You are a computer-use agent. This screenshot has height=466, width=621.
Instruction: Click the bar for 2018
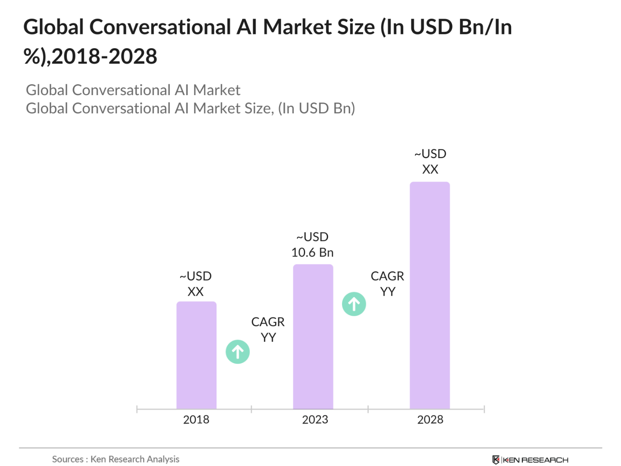point(196,355)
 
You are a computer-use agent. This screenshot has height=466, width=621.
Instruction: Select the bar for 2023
point(313,336)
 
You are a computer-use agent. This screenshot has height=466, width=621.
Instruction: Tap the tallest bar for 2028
point(430,295)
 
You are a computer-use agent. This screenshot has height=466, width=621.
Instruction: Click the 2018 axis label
point(196,420)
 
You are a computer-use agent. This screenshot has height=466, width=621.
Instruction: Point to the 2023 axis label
point(315,420)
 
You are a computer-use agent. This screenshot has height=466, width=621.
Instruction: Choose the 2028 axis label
point(430,420)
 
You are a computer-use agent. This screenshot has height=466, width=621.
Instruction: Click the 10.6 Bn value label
point(312,252)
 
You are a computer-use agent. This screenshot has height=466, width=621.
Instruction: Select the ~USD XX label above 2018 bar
point(196,284)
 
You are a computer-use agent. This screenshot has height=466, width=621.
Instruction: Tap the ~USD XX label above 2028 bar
point(430,162)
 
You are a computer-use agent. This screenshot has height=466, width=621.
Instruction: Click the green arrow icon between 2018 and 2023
point(238,352)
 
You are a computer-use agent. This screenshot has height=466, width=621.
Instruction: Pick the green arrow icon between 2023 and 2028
point(354,304)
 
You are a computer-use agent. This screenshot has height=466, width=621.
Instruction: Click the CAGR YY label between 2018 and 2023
point(268,329)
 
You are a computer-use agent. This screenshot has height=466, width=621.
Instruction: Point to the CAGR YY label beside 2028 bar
point(388,284)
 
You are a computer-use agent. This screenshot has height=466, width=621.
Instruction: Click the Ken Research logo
point(530,459)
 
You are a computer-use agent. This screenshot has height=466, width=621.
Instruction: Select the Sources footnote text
point(115,459)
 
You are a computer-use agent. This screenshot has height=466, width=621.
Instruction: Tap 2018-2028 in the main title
point(104,56)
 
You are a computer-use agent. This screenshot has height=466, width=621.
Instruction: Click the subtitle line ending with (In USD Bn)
point(191,108)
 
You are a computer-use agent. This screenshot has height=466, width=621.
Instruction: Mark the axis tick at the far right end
point(484,409)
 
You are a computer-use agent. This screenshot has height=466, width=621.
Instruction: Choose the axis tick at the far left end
point(137,409)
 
